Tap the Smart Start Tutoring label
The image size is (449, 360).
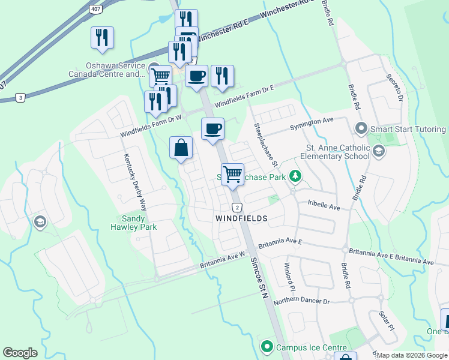[408, 129]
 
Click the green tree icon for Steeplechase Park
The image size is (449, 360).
[295, 176]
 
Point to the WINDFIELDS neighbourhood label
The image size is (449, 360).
[241, 219]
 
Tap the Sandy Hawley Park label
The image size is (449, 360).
[134, 223]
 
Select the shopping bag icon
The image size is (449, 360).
[181, 148]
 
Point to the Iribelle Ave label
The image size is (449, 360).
[324, 208]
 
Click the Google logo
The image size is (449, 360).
[20, 353]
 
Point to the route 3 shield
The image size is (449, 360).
[20, 97]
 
